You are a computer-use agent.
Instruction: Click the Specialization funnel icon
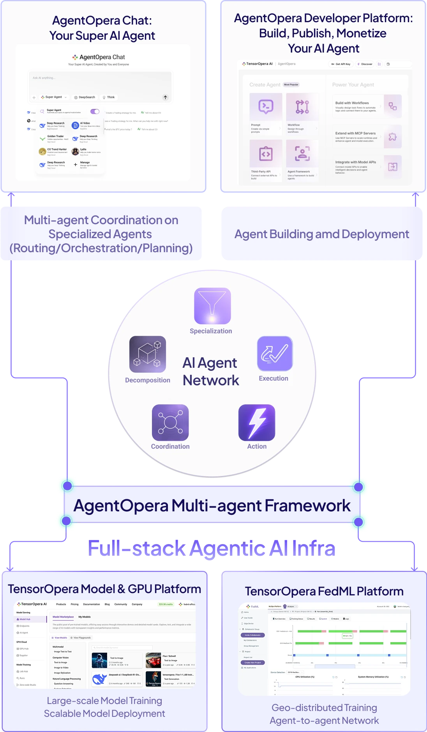click(212, 306)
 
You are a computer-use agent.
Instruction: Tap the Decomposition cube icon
click(148, 354)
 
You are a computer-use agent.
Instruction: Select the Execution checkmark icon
click(275, 353)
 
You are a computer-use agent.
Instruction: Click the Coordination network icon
click(170, 423)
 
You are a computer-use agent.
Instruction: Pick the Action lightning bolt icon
click(257, 423)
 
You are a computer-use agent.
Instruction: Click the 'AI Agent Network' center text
click(210, 372)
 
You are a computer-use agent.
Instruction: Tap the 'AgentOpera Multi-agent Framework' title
click(212, 506)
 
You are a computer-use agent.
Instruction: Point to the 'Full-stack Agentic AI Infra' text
click(212, 548)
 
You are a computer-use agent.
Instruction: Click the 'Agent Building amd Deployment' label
click(322, 234)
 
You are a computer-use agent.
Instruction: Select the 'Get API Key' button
click(341, 64)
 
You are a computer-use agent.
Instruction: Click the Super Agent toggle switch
click(95, 111)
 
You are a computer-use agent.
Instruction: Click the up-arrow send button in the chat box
click(165, 97)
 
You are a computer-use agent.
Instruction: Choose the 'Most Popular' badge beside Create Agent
click(291, 84)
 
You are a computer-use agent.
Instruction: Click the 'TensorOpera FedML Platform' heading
click(324, 592)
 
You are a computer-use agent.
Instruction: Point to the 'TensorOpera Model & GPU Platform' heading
click(104, 589)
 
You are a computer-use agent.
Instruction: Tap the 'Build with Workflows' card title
click(352, 103)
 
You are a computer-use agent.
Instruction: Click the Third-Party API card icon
click(266, 154)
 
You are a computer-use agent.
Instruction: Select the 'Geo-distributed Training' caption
click(324, 707)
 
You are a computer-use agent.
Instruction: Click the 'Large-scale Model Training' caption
click(104, 700)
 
